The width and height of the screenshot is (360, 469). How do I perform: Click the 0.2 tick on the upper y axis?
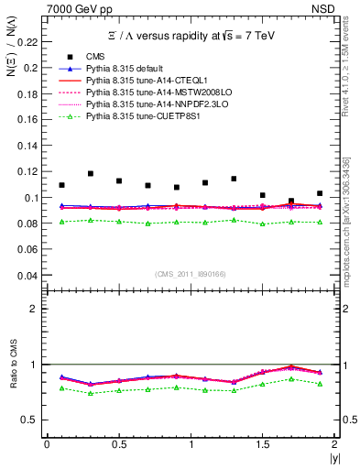coord(31,68)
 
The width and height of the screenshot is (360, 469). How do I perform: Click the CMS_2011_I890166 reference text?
coord(191,275)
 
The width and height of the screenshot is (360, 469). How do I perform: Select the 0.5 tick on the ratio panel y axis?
coord(30,420)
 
